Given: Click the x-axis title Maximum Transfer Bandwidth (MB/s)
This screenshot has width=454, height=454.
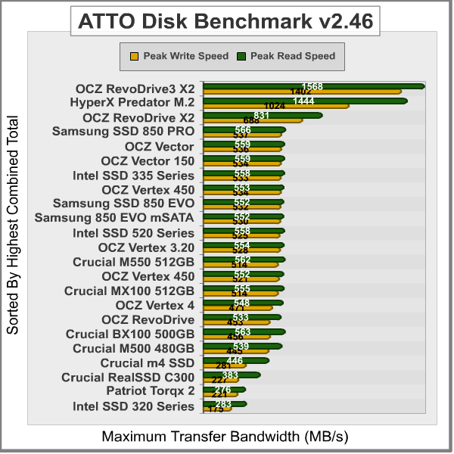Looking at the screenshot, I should point(225,437).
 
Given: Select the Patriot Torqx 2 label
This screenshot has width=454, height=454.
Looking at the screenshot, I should point(150,391).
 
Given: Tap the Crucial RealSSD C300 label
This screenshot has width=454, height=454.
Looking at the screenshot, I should point(128,377).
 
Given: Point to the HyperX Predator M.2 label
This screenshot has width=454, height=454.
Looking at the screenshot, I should point(132,102).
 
